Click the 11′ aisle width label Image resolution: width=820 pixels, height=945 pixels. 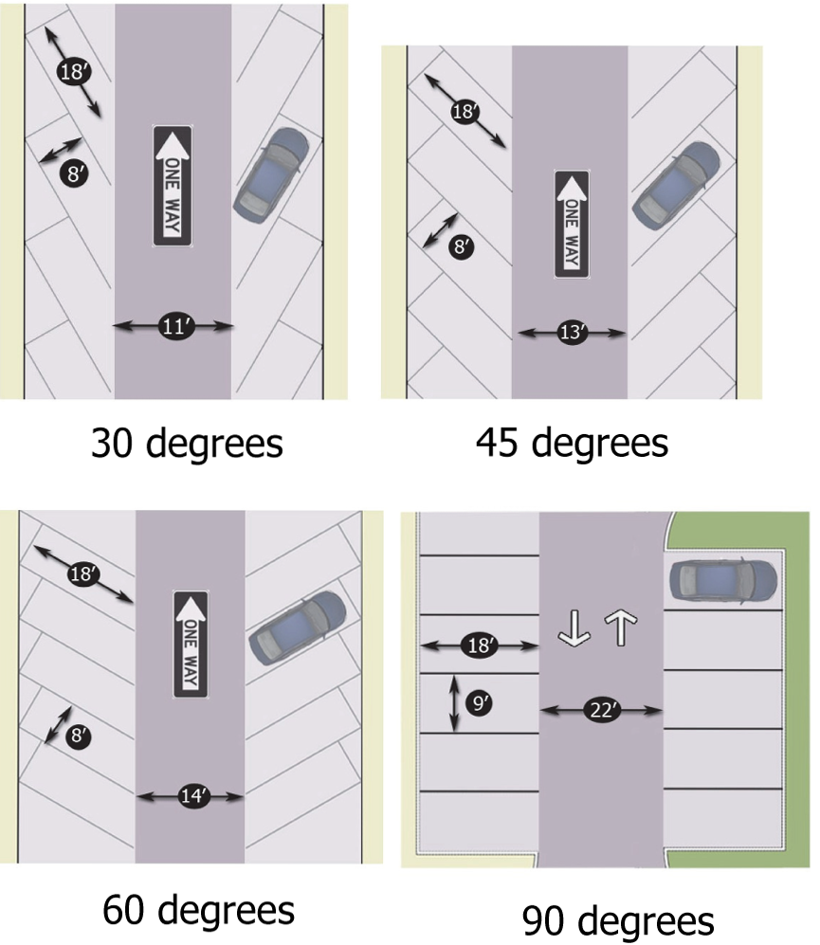pos(173,327)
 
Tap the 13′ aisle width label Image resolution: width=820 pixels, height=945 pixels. pos(573,333)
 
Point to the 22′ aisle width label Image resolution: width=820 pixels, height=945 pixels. pos(601,710)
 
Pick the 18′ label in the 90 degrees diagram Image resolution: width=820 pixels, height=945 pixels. pos(480,645)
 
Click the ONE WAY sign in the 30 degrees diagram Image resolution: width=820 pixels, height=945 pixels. pos(173,187)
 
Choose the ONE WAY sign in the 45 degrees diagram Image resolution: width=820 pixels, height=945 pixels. pos(573,225)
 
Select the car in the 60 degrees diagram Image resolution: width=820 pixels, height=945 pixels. pos(298,627)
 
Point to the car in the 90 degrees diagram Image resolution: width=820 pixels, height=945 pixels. pos(723,579)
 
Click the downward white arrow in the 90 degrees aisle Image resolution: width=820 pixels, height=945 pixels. pos(574,627)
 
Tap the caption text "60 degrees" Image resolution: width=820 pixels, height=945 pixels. pos(198,911)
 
